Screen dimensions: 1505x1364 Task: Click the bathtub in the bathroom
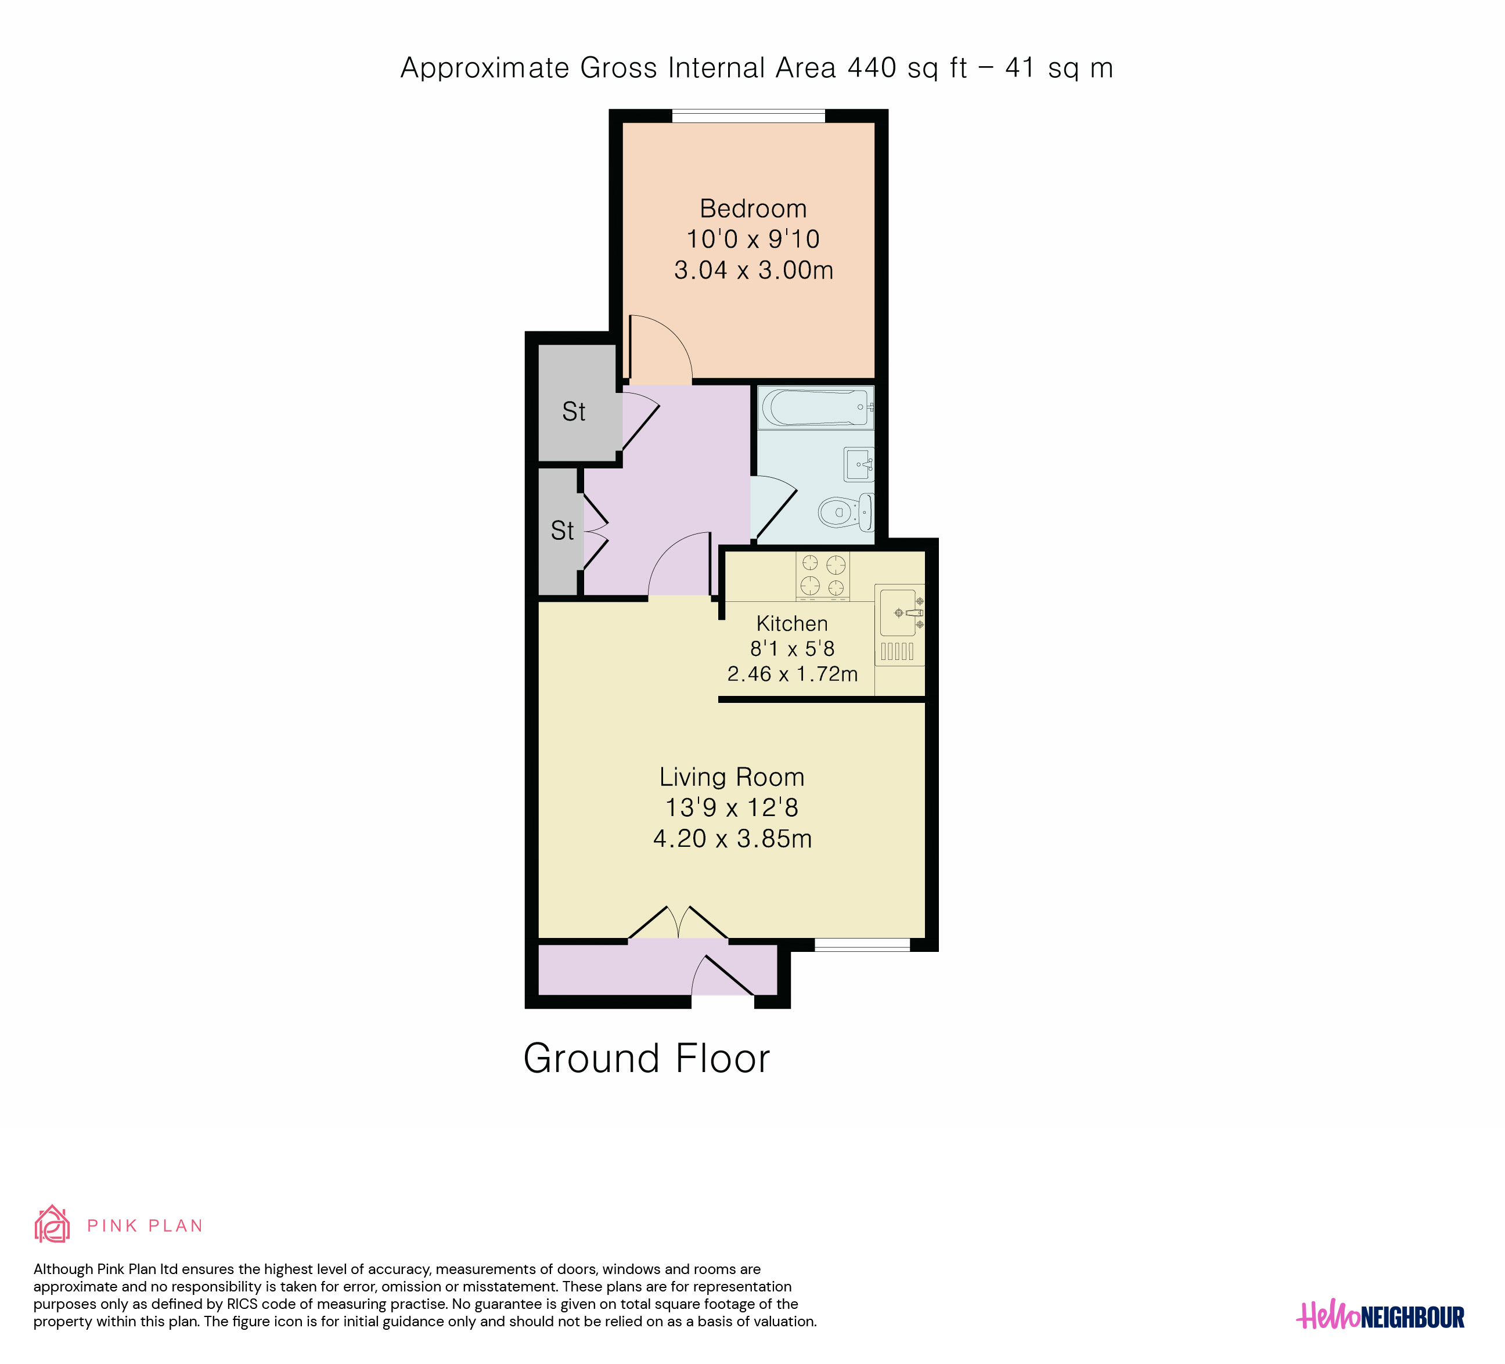(815, 407)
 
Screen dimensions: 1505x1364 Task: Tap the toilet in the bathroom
(846, 512)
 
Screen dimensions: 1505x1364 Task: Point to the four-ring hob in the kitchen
(823, 576)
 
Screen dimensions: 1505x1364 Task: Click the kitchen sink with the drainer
(899, 625)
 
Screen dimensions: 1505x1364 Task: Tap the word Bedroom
(753, 208)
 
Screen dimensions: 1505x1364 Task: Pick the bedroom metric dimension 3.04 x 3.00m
(753, 269)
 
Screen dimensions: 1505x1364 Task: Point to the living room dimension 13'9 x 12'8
(732, 807)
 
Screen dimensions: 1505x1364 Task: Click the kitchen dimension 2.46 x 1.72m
(792, 674)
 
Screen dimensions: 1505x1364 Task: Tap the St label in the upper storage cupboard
(573, 412)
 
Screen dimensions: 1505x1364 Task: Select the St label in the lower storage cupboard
(562, 531)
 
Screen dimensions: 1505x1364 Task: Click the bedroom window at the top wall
(749, 116)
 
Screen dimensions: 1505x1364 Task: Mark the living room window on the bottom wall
(862, 945)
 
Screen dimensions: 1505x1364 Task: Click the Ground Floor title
(646, 1058)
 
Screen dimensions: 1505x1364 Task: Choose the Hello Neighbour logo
(1380, 1317)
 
